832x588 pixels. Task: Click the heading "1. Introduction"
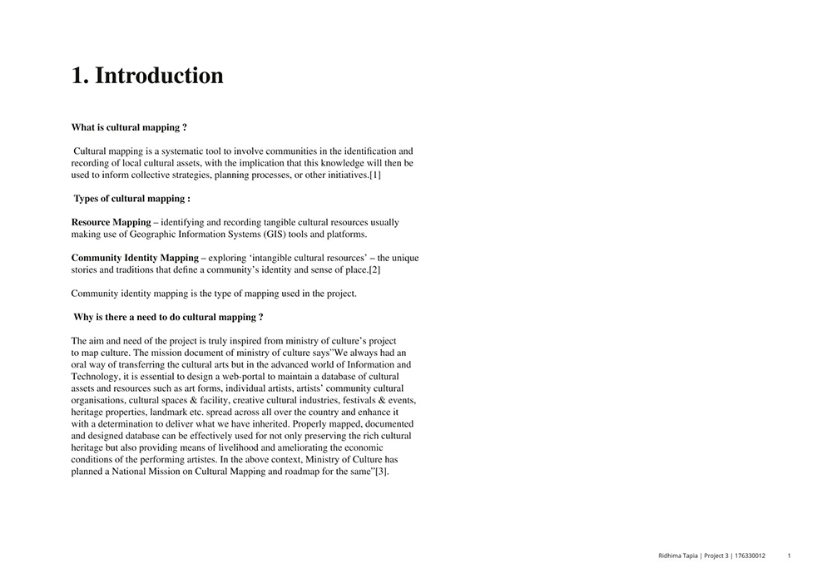[147, 76]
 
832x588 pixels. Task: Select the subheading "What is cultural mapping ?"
[129, 127]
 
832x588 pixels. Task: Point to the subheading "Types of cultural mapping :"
[131, 199]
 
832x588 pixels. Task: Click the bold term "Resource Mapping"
[111, 222]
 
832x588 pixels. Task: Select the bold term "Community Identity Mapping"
[135, 258]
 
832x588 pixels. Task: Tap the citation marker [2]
[374, 270]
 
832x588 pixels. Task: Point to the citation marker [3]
[381, 472]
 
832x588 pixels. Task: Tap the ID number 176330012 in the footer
[750, 555]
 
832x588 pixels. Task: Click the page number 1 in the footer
[789, 555]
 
